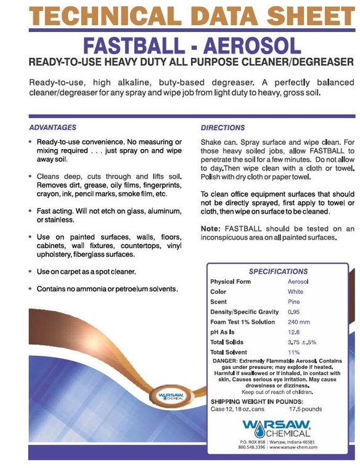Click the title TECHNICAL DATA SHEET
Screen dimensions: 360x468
(x=179, y=15)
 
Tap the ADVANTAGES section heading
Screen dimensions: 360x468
(x=53, y=127)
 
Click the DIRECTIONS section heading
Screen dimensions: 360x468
(x=223, y=127)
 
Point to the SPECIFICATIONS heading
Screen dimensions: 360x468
(x=278, y=271)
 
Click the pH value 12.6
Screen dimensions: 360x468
(x=294, y=332)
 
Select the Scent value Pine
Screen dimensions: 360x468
(x=294, y=302)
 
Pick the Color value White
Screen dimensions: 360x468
(x=295, y=292)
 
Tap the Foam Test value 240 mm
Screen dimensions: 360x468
(x=299, y=322)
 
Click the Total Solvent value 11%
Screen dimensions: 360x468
(x=293, y=352)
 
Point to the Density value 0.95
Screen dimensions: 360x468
(x=294, y=312)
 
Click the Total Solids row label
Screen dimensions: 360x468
(x=227, y=342)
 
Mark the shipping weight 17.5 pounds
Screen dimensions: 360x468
(x=305, y=409)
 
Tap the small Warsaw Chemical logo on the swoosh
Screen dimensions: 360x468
(x=171, y=396)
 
